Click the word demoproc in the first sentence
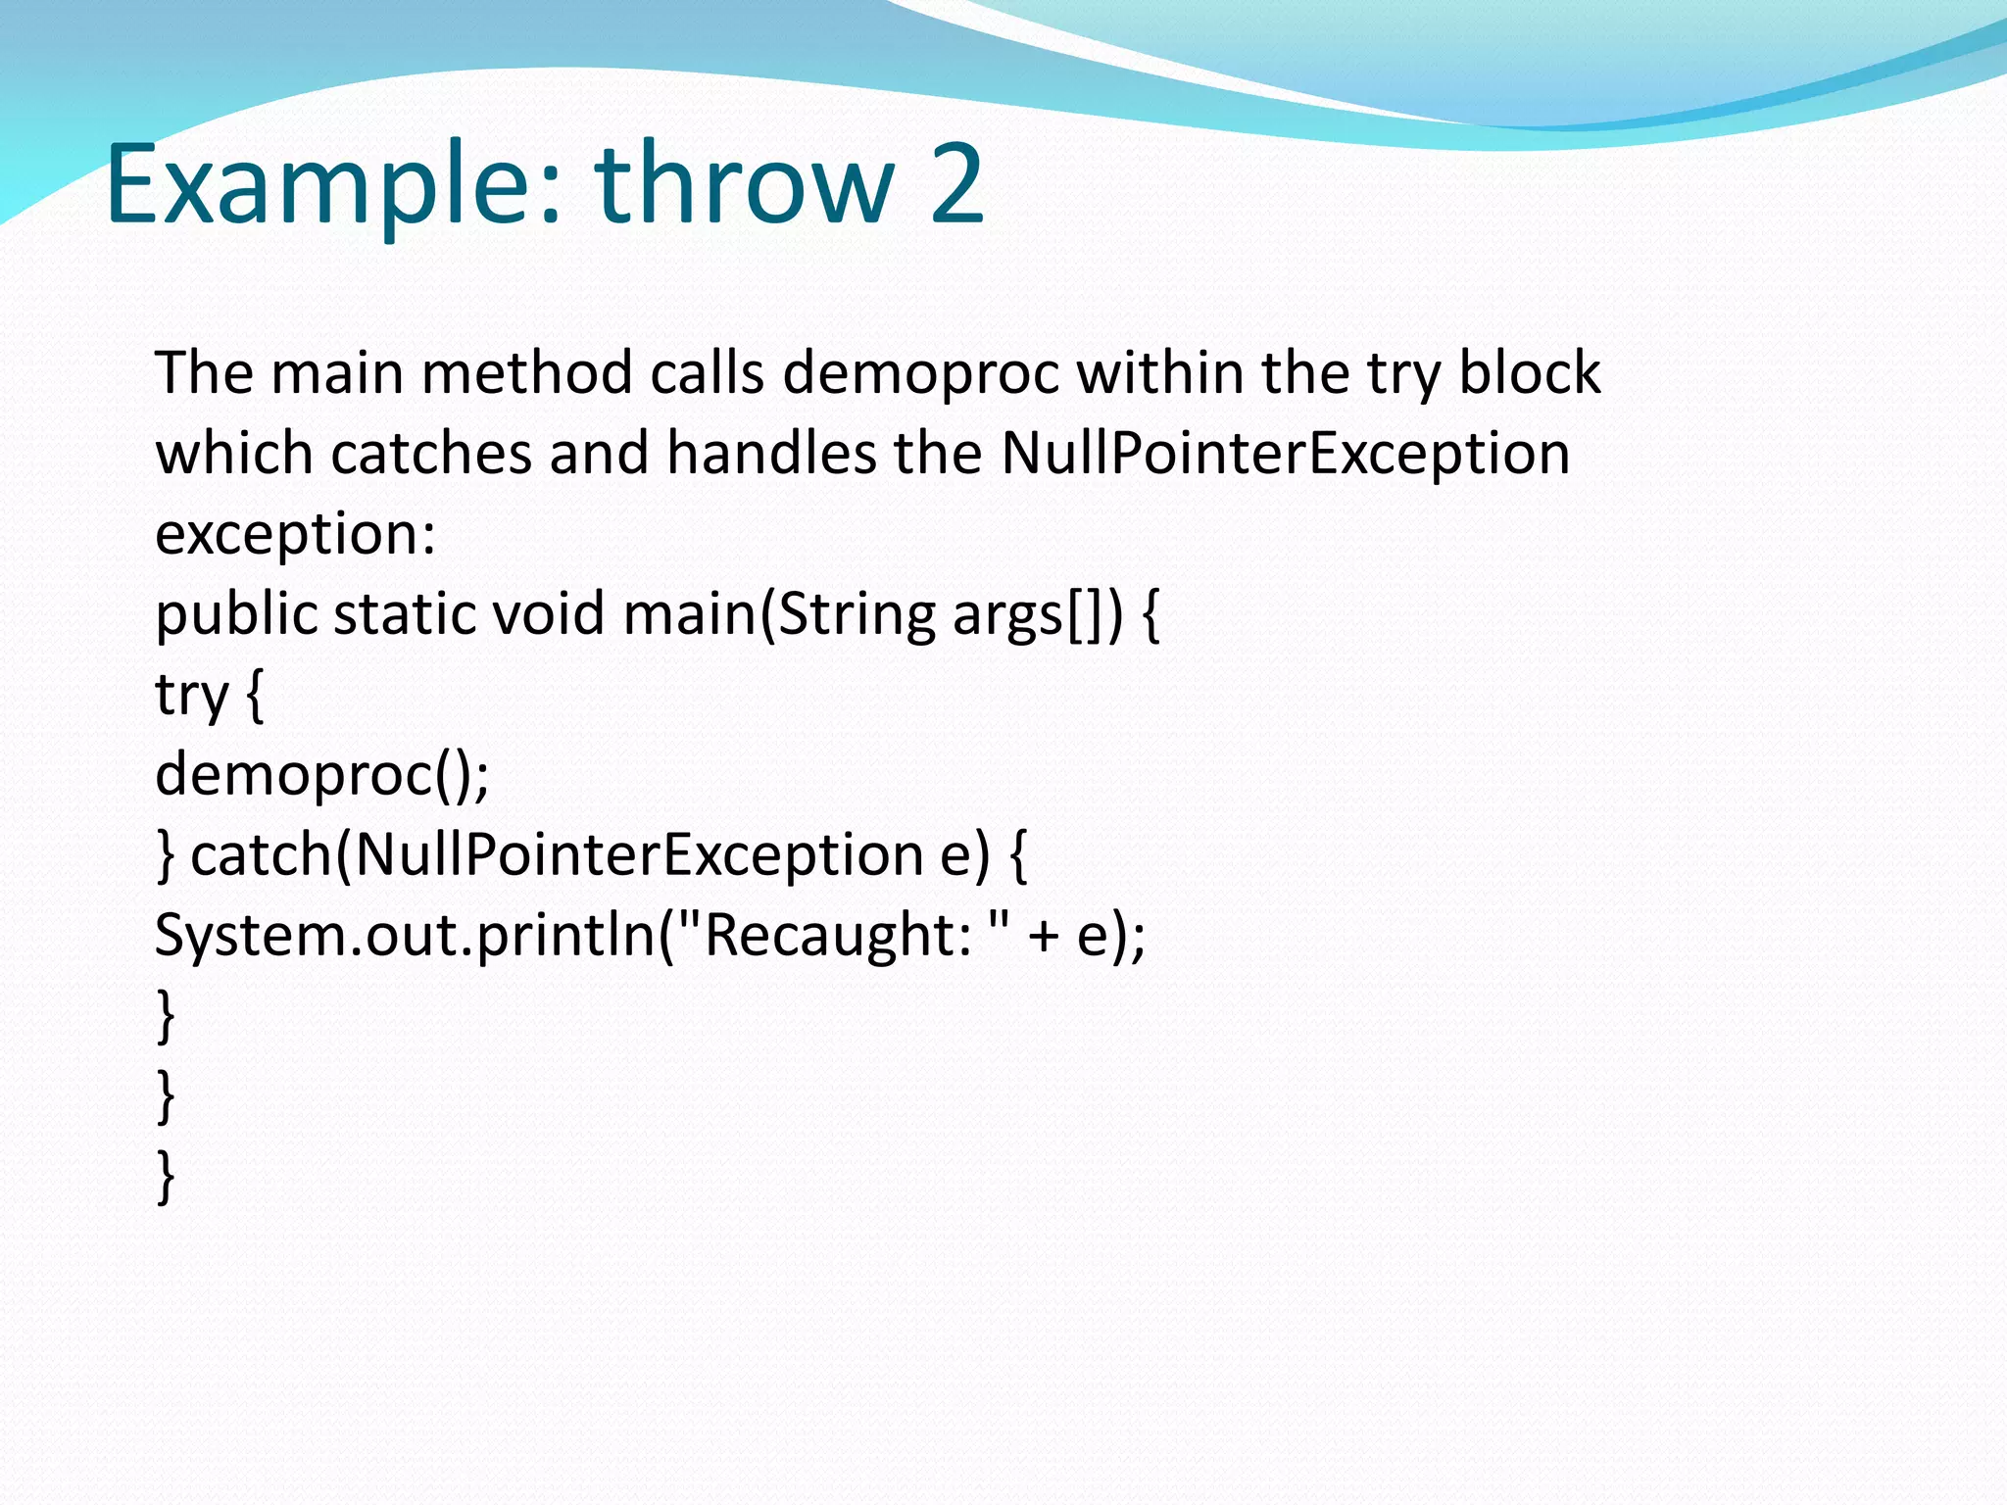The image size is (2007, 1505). [921, 374]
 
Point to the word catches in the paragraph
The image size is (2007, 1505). [431, 455]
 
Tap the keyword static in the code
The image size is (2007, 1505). [404, 615]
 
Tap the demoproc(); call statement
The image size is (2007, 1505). [321, 776]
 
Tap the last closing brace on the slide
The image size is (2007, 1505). [166, 1176]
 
